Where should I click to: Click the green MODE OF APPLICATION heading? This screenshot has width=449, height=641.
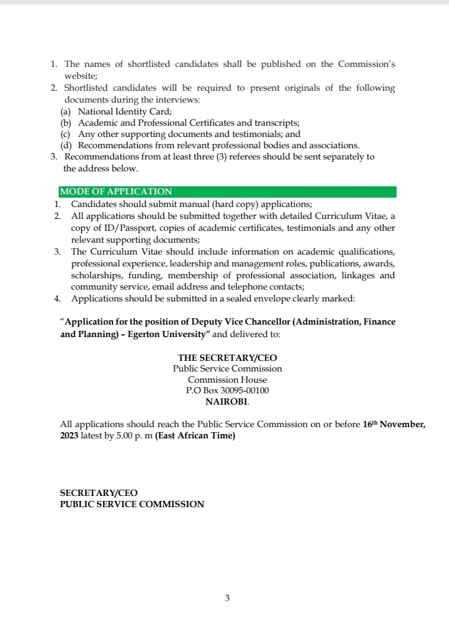click(116, 192)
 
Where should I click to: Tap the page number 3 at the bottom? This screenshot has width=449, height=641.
click(227, 598)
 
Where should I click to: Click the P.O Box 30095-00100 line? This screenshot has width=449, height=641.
click(227, 391)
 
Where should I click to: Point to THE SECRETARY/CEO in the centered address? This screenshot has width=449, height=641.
click(227, 358)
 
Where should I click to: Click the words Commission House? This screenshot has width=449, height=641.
click(227, 380)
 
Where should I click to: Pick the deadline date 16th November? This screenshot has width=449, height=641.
click(393, 424)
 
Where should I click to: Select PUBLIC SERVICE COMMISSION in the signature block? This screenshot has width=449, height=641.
click(132, 504)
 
